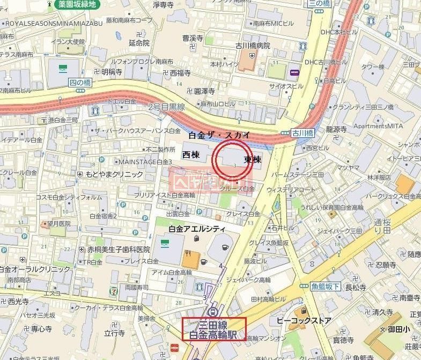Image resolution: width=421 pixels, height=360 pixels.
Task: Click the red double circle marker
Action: tap(232, 159)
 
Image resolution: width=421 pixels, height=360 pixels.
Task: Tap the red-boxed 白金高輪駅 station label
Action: tap(214, 329)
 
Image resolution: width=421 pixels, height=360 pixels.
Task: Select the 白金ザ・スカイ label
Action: tap(219, 135)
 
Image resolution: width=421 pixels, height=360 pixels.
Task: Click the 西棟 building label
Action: tap(190, 155)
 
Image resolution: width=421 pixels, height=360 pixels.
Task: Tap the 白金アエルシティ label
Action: tap(197, 229)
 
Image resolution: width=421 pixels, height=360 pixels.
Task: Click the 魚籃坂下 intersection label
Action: tap(325, 287)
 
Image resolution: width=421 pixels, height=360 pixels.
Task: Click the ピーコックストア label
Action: tap(304, 321)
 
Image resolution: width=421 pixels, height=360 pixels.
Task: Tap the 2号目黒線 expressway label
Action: tap(166, 107)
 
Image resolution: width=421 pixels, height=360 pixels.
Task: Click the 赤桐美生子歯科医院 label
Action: tap(119, 249)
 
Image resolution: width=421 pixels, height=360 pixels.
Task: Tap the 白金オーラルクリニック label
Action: tap(28, 269)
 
